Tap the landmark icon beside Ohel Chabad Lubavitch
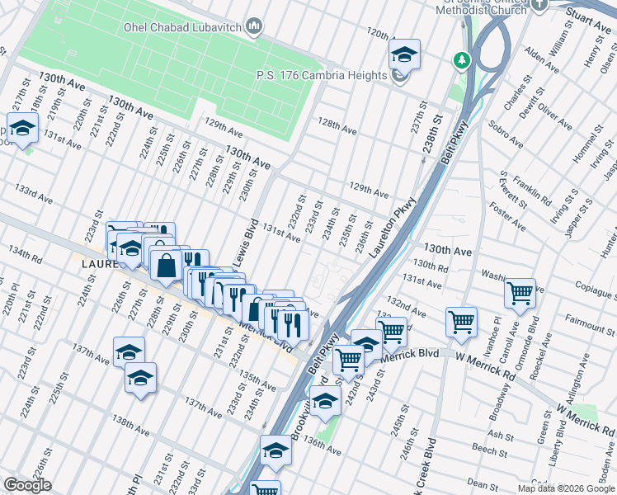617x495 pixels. click(x=255, y=27)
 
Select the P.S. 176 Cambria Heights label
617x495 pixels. click(x=322, y=76)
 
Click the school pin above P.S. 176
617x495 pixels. click(x=404, y=55)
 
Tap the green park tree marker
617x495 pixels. click(x=460, y=60)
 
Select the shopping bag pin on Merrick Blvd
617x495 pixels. click(x=166, y=266)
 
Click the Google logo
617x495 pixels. click(x=28, y=485)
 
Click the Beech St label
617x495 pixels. click(x=489, y=449)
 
